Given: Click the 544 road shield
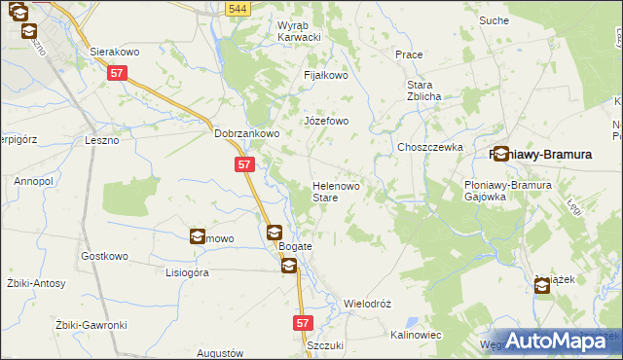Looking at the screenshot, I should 235,9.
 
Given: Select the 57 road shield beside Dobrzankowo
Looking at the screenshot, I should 244,165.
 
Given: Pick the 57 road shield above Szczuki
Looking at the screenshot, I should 302,321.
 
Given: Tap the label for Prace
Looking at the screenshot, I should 409,54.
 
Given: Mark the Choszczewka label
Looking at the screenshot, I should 429,147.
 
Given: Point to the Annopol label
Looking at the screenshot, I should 33,181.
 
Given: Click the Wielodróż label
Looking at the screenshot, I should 367,304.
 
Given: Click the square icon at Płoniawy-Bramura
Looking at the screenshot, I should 501,154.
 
